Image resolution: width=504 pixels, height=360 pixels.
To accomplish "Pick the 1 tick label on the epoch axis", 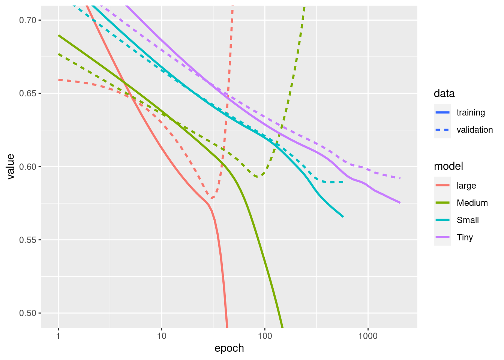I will point(58,335).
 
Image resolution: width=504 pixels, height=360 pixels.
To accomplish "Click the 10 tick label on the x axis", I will point(162,335).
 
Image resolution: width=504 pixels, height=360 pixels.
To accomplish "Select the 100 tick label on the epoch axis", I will point(265,335).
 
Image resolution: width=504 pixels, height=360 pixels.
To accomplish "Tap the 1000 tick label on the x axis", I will point(368,335).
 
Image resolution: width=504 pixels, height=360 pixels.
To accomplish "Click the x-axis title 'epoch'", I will point(229,348).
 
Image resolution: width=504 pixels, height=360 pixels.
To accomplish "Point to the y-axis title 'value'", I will point(10,166).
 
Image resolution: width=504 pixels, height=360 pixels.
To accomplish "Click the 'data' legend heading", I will point(444,93).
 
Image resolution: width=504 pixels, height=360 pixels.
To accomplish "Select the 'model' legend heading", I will point(448,166).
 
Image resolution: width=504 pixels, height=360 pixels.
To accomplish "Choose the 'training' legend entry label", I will point(471,112).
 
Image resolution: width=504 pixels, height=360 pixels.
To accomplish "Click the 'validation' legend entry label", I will point(475,130).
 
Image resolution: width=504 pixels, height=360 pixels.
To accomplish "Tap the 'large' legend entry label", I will point(466,186).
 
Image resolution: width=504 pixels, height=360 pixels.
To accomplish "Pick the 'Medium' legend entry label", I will point(472,203).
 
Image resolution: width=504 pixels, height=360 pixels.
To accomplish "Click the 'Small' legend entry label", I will point(468,220).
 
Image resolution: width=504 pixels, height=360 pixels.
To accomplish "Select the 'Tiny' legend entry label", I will point(465,237).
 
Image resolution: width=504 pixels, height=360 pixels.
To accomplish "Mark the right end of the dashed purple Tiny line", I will point(400,178).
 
